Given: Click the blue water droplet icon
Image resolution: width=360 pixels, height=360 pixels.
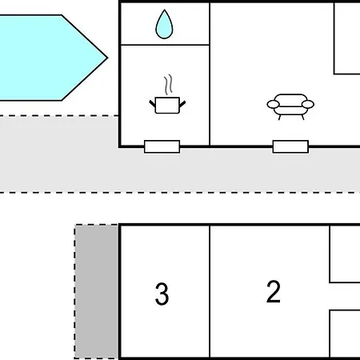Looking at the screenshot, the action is point(164,25).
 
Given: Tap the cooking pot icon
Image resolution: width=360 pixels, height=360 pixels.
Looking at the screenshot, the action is point(167,106).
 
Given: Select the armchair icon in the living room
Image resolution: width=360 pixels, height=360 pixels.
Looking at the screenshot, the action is point(290,106).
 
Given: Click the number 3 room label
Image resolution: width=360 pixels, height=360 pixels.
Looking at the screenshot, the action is point(162,294).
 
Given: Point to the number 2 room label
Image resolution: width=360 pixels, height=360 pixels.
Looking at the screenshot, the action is point(274,291).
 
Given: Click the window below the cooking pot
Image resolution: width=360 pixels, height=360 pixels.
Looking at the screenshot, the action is point(162,146).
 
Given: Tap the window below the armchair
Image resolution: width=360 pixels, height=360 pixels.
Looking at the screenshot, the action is point(290,146).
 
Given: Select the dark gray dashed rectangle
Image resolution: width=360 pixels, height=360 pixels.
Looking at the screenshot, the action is point(96,291).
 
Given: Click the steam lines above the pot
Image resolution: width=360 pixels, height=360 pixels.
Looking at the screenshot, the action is point(168,85).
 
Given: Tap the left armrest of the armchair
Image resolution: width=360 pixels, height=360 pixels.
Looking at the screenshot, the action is point(273,104).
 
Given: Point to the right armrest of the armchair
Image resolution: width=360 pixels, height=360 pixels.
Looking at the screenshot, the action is point(308,104).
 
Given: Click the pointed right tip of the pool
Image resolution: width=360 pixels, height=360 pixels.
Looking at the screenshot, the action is point(107,58).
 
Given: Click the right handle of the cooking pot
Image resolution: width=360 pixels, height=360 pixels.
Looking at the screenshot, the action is point(182,104).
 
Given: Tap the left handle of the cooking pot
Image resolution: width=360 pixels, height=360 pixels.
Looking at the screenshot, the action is point(152,104).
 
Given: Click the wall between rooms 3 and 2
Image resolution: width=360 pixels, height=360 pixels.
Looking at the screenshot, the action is point(210,291).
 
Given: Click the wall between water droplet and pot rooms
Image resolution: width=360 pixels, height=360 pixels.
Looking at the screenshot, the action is point(165,45).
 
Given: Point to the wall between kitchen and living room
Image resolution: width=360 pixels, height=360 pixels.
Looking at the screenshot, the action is point(210,74).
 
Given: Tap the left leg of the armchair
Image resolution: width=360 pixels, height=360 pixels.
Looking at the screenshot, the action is point(279,118).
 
